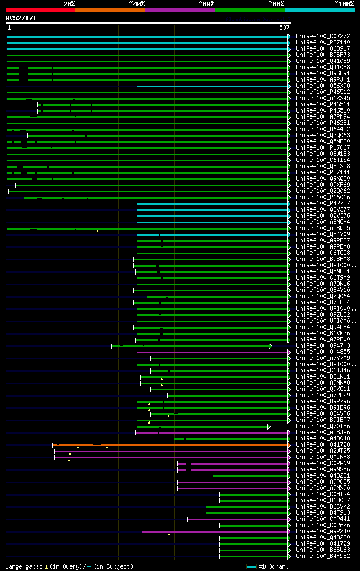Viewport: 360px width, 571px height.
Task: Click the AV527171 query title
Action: (21, 18)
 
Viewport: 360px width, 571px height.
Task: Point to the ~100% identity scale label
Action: (344, 3)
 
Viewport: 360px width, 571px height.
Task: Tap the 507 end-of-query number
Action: (284, 28)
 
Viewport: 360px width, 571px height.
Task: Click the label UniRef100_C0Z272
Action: (322, 36)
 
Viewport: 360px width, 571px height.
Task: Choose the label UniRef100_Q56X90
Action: (322, 86)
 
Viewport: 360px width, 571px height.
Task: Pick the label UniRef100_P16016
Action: (322, 197)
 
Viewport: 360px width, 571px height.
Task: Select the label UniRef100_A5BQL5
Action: (322, 228)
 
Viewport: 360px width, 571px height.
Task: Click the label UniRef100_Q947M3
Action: (322, 345)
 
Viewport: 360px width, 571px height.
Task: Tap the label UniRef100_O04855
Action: (322, 352)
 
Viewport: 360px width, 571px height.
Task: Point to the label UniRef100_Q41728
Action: (322, 444)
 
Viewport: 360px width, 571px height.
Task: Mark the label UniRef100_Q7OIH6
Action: (322, 426)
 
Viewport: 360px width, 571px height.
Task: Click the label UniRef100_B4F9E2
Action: (322, 556)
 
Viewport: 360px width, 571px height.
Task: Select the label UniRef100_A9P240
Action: (322, 531)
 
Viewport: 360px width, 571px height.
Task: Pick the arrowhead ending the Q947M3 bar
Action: (271, 346)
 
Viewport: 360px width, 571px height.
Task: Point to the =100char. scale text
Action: (272, 566)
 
